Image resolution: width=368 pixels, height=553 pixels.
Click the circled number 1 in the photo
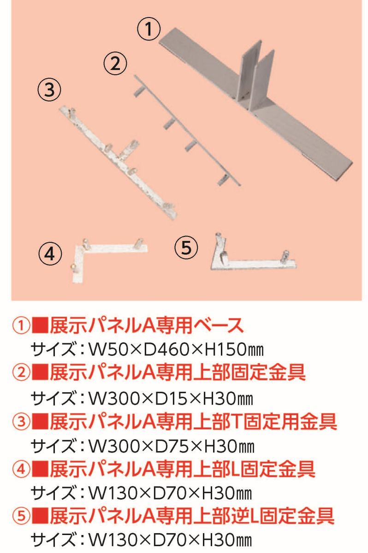tap(148, 29)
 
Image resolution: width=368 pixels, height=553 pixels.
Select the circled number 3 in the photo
tap(49, 90)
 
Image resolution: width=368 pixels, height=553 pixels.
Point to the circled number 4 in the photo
tap(50, 253)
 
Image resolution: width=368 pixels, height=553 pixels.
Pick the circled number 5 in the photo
tap(186, 247)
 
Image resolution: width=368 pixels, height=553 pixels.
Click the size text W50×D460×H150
tap(176, 350)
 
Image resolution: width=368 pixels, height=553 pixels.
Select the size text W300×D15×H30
tap(171, 399)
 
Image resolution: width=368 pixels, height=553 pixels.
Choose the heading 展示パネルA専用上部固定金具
tap(178, 374)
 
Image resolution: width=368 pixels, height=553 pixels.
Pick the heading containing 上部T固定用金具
tap(193, 422)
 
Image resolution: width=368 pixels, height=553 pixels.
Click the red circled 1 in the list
tap(21, 326)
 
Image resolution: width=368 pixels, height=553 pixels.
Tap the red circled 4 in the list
tap(21, 470)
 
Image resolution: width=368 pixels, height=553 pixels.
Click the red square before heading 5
tap(40, 518)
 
